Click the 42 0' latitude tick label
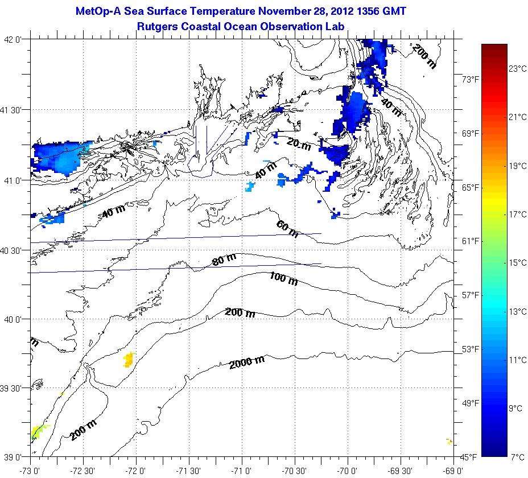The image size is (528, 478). (x=14, y=40)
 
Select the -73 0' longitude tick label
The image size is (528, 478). (x=30, y=471)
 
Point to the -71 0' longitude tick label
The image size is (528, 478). (x=241, y=471)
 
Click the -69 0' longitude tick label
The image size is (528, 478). (x=453, y=471)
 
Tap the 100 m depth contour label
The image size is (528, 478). (x=283, y=279)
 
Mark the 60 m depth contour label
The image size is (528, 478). (x=287, y=229)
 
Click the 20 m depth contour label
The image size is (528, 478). (x=299, y=145)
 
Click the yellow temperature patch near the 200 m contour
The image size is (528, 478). (x=129, y=359)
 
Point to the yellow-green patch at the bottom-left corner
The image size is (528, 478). (x=39, y=430)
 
